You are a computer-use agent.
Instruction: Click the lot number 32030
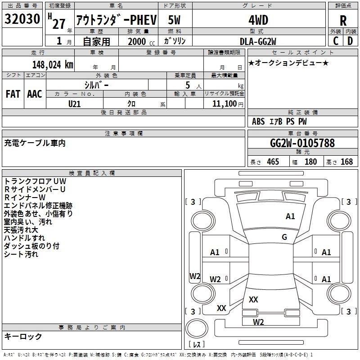[x=22, y=18]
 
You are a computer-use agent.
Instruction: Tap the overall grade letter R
[x=343, y=21]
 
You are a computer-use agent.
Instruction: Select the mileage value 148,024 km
[x=53, y=65]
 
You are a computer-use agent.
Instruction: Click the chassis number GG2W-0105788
[x=302, y=143]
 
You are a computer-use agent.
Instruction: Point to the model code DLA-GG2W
[x=258, y=41]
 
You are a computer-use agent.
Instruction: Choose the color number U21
[x=74, y=104]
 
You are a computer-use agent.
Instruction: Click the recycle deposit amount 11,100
[x=224, y=104]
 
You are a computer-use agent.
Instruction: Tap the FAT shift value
[x=13, y=94]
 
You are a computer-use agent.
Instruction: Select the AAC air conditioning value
[x=35, y=94]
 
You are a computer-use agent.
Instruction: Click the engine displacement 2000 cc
[x=141, y=41]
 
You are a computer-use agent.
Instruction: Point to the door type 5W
[x=174, y=20]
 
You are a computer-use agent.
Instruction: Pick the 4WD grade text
[x=258, y=20]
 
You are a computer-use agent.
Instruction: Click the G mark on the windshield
[x=284, y=237]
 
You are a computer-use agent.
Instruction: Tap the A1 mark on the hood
[x=290, y=216]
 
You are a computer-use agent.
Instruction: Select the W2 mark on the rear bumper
[x=258, y=322]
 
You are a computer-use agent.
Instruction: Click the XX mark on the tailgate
[x=253, y=299]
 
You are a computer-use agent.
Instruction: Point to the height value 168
[x=346, y=162]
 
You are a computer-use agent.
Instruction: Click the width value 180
[x=310, y=162]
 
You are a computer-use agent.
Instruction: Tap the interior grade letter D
[x=350, y=41]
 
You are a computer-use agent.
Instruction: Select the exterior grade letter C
[x=336, y=41]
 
